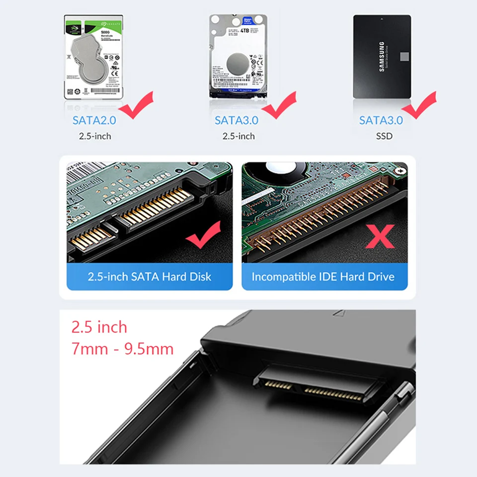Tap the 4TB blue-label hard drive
(x=238, y=56)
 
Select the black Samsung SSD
(x=382, y=56)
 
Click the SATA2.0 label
(x=94, y=120)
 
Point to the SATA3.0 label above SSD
(x=381, y=120)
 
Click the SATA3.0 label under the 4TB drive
(x=237, y=120)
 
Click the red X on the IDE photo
(x=380, y=237)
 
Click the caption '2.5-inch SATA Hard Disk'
(x=150, y=277)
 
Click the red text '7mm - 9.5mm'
(x=122, y=349)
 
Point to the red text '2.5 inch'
(x=99, y=327)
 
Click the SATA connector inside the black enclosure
(x=318, y=385)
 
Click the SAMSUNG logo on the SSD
(x=382, y=57)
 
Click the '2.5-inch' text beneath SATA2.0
(x=95, y=136)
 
